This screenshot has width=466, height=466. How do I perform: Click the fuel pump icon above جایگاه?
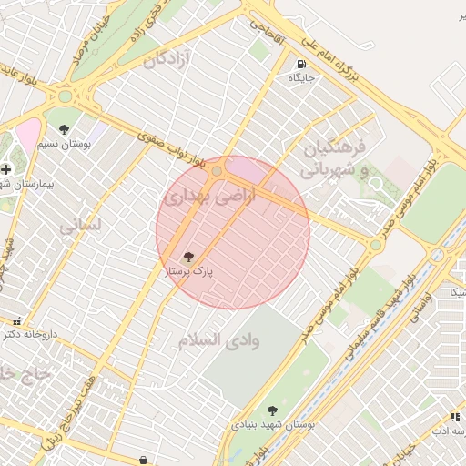click(300, 64)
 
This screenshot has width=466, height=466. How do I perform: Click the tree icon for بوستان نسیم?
click(64, 129)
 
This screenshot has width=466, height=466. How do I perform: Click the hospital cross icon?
click(6, 169)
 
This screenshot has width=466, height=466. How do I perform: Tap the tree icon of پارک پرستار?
click(188, 258)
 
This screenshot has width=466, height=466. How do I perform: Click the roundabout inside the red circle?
click(217, 171)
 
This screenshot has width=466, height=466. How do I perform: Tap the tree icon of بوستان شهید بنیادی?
click(272, 410)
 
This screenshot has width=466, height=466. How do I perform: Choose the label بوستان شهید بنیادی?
click(273, 425)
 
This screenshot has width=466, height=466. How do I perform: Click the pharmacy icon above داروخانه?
click(16, 320)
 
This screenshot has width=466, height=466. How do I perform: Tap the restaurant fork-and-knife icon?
click(456, 417)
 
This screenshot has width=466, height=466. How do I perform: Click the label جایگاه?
click(301, 78)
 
